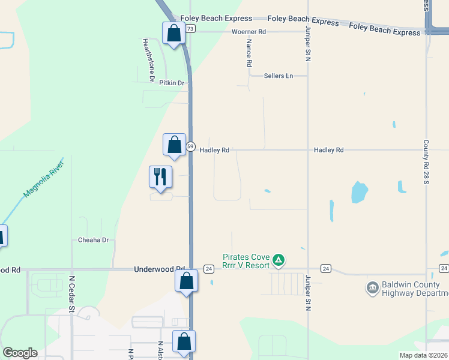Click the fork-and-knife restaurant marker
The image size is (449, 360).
[160, 177]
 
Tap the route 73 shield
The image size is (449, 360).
[190, 28]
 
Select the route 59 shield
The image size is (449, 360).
[190, 146]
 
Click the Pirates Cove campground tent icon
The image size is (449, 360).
[278, 260]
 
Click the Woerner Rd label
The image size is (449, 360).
[249, 31]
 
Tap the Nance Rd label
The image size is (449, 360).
[249, 53]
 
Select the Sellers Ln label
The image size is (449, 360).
[279, 76]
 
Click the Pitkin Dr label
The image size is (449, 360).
[172, 83]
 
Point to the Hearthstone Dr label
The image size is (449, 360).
[148, 60]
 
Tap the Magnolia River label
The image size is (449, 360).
[43, 178]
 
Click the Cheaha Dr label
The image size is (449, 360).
[94, 240]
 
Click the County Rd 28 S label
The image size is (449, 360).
[426, 162]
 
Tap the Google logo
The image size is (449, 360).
[19, 353]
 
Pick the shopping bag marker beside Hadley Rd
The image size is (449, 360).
[174, 145]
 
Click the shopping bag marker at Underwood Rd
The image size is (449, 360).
[186, 281]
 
